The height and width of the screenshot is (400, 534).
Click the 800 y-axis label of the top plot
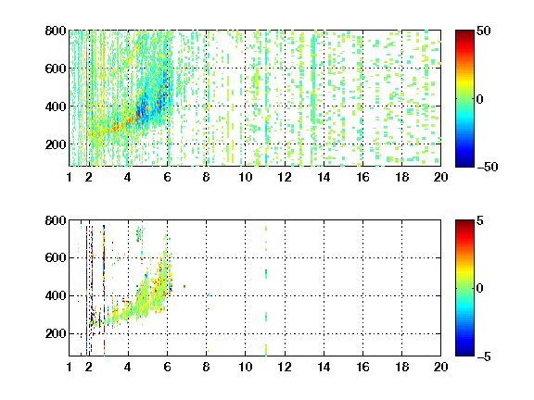pyautogui.click(x=56, y=31)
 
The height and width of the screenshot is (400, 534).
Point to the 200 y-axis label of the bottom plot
pyautogui.click(x=56, y=333)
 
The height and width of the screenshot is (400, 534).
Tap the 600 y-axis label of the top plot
pyautogui.click(x=56, y=69)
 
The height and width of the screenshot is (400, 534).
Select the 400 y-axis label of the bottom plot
pyautogui.click(x=56, y=295)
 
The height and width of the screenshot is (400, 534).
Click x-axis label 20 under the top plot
pyautogui.click(x=440, y=177)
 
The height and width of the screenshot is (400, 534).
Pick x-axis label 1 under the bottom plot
pyautogui.click(x=70, y=367)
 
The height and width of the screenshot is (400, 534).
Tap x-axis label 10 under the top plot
pyautogui.click(x=245, y=177)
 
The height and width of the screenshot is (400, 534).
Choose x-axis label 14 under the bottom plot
pyautogui.click(x=324, y=367)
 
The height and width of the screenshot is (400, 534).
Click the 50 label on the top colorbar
pyautogui.click(x=483, y=31)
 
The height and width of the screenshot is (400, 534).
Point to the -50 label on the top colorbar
pyautogui.click(x=487, y=167)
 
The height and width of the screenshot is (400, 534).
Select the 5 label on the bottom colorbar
pyautogui.click(x=480, y=220)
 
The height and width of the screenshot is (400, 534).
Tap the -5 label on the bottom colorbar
pyautogui.click(x=484, y=356)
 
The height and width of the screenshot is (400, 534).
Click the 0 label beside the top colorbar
pyautogui.click(x=480, y=99)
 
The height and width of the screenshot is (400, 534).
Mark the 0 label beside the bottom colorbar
pyautogui.click(x=480, y=289)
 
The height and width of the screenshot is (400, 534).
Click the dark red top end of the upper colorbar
pyautogui.click(x=464, y=32)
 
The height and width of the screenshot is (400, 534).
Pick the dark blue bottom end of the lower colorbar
pyautogui.click(x=464, y=354)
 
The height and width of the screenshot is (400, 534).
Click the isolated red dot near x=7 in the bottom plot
pyautogui.click(x=184, y=286)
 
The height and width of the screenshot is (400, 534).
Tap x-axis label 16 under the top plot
pyautogui.click(x=363, y=177)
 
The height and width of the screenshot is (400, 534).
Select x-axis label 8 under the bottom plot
pyautogui.click(x=206, y=367)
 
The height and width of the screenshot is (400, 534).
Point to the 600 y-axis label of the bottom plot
pyautogui.click(x=56, y=257)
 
